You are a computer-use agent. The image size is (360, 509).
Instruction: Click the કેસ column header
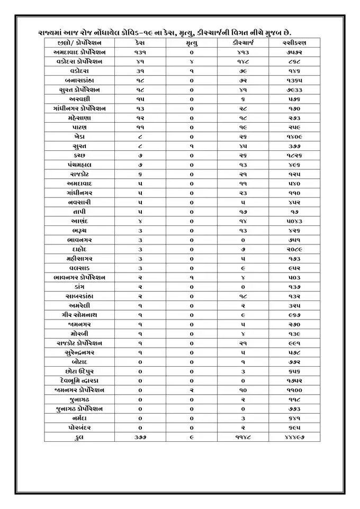coord(140,43)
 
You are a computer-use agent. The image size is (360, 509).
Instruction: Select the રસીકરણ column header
coord(294,43)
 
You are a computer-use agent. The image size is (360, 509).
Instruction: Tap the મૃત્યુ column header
coord(191,43)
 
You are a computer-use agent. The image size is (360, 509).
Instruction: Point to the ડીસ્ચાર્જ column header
coord(243,43)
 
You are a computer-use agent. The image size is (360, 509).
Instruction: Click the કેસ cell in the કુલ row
coord(140,437)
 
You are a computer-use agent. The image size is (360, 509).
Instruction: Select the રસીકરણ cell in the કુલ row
coord(294,437)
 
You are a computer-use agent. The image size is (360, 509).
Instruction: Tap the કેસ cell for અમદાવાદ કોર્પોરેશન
coord(140,52)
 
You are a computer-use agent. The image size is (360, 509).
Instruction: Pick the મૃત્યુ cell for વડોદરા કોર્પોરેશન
coord(191,62)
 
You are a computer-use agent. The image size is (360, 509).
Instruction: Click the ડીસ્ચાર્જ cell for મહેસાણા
coord(243,118)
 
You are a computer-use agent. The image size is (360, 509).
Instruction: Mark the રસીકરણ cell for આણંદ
coord(294,221)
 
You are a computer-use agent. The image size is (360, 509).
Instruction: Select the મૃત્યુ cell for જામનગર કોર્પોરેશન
coord(191,389)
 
